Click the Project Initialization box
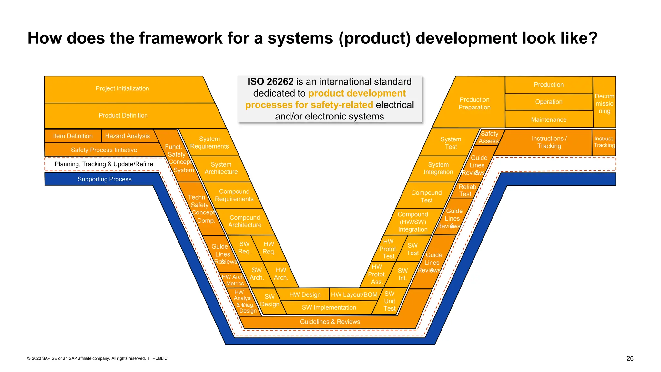[122, 88]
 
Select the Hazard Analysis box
[127, 136]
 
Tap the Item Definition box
[73, 136]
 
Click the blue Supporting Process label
[104, 179]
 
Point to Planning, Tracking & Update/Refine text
[104, 164]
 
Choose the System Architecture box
[221, 168]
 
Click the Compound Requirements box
[234, 195]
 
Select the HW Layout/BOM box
[354, 294]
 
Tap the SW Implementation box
[329, 308]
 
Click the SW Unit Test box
[390, 301]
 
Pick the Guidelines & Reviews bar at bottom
[330, 322]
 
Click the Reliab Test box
[467, 191]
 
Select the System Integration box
[438, 169]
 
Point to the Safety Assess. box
[489, 138]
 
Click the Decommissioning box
[604, 103]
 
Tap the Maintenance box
[548, 120]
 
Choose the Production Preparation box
[474, 104]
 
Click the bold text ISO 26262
[270, 82]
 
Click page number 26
[630, 358]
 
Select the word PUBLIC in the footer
[160, 358]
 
